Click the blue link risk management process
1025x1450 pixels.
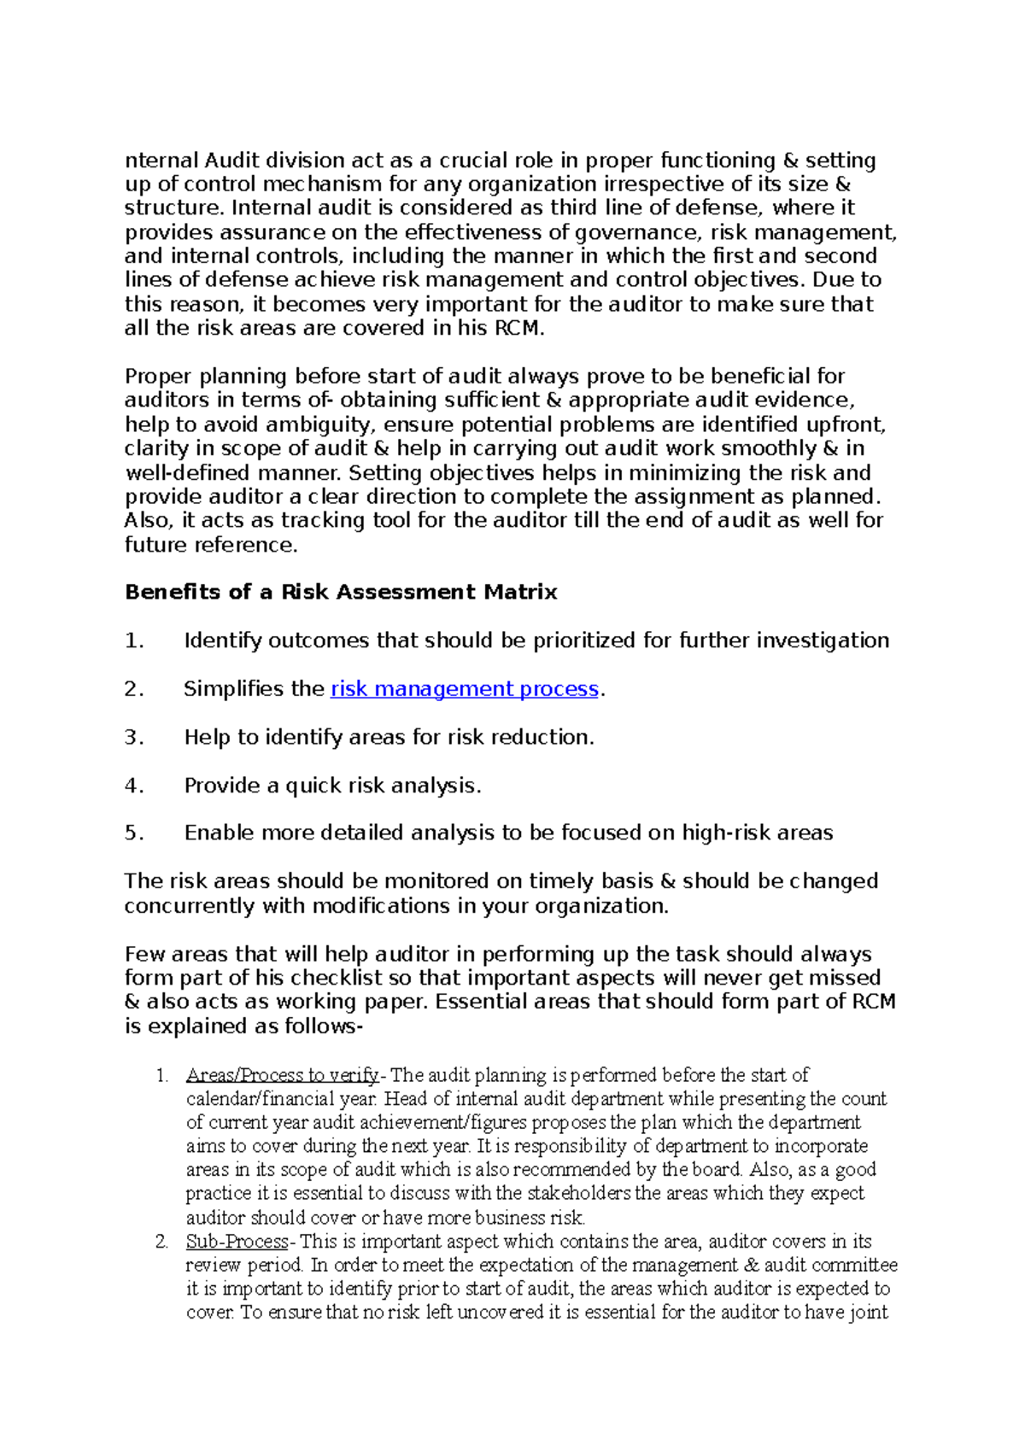pos(464,689)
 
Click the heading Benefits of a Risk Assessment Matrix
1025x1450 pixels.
pos(340,592)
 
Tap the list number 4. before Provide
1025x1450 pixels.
pos(134,786)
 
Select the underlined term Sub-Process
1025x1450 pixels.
pos(237,1242)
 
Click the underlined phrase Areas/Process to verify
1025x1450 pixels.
pos(282,1075)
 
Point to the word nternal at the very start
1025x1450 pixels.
pos(161,161)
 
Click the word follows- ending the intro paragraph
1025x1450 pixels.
pos(319,1026)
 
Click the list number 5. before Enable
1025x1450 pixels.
pos(134,833)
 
